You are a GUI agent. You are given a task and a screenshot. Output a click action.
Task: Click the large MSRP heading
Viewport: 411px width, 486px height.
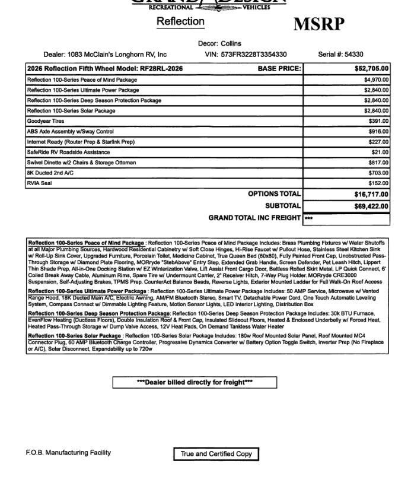(318, 24)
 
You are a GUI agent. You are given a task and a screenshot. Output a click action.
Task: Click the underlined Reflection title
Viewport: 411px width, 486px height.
(180, 21)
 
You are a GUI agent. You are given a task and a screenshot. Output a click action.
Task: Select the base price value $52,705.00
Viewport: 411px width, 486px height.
(371, 68)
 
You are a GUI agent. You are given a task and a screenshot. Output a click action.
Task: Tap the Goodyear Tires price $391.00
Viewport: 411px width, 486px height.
(378, 121)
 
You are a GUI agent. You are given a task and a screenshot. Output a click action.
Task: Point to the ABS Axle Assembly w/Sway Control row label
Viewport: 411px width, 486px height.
(70, 132)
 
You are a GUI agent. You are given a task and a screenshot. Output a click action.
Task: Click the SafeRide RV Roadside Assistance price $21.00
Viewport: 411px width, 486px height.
(380, 153)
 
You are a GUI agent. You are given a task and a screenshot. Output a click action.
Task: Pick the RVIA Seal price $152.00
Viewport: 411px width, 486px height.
(378, 183)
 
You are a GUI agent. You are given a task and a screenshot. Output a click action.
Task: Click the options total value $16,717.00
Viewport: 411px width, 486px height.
(371, 194)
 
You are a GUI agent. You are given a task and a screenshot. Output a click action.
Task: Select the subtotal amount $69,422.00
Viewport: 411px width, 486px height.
(371, 207)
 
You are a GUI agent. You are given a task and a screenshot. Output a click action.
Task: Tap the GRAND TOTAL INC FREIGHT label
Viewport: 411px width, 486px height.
(254, 218)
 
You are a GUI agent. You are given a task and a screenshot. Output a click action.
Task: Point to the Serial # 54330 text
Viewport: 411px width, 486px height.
(340, 55)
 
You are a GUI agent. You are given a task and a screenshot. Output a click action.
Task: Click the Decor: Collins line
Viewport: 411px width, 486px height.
(219, 43)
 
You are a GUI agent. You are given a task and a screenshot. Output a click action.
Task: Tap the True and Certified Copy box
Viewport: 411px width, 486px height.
(216, 454)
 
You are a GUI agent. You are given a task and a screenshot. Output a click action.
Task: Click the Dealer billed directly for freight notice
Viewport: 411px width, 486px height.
(195, 382)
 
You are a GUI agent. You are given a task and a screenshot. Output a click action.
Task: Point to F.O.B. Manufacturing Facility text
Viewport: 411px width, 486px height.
(68, 453)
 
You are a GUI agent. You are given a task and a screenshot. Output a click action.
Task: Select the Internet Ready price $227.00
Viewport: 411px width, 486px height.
(378, 142)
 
